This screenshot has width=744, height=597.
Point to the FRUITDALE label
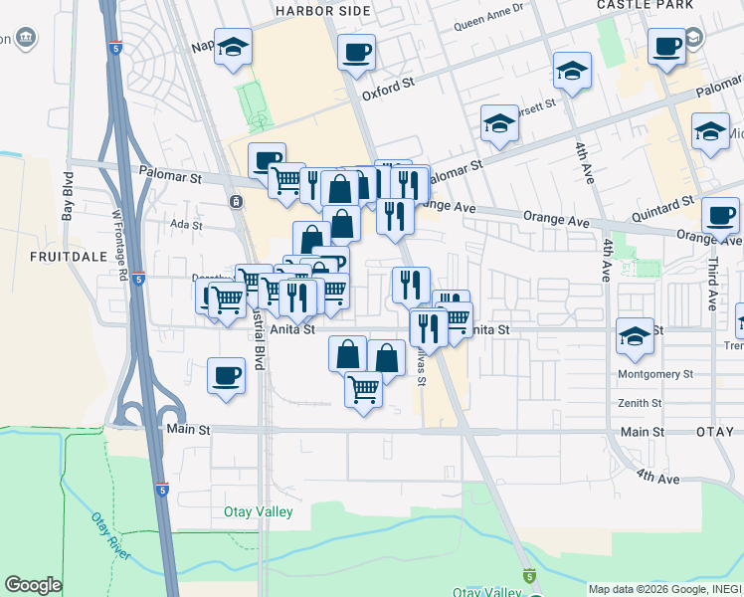click(62, 256)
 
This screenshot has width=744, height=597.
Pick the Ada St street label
click(187, 225)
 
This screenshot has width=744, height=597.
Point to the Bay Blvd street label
click(68, 197)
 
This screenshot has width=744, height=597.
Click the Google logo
click(33, 585)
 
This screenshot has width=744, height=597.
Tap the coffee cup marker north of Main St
click(227, 376)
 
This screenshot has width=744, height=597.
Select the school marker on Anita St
click(634, 335)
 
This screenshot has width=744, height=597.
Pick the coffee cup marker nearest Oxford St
click(355, 52)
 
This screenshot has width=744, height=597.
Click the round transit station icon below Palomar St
click(236, 202)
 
